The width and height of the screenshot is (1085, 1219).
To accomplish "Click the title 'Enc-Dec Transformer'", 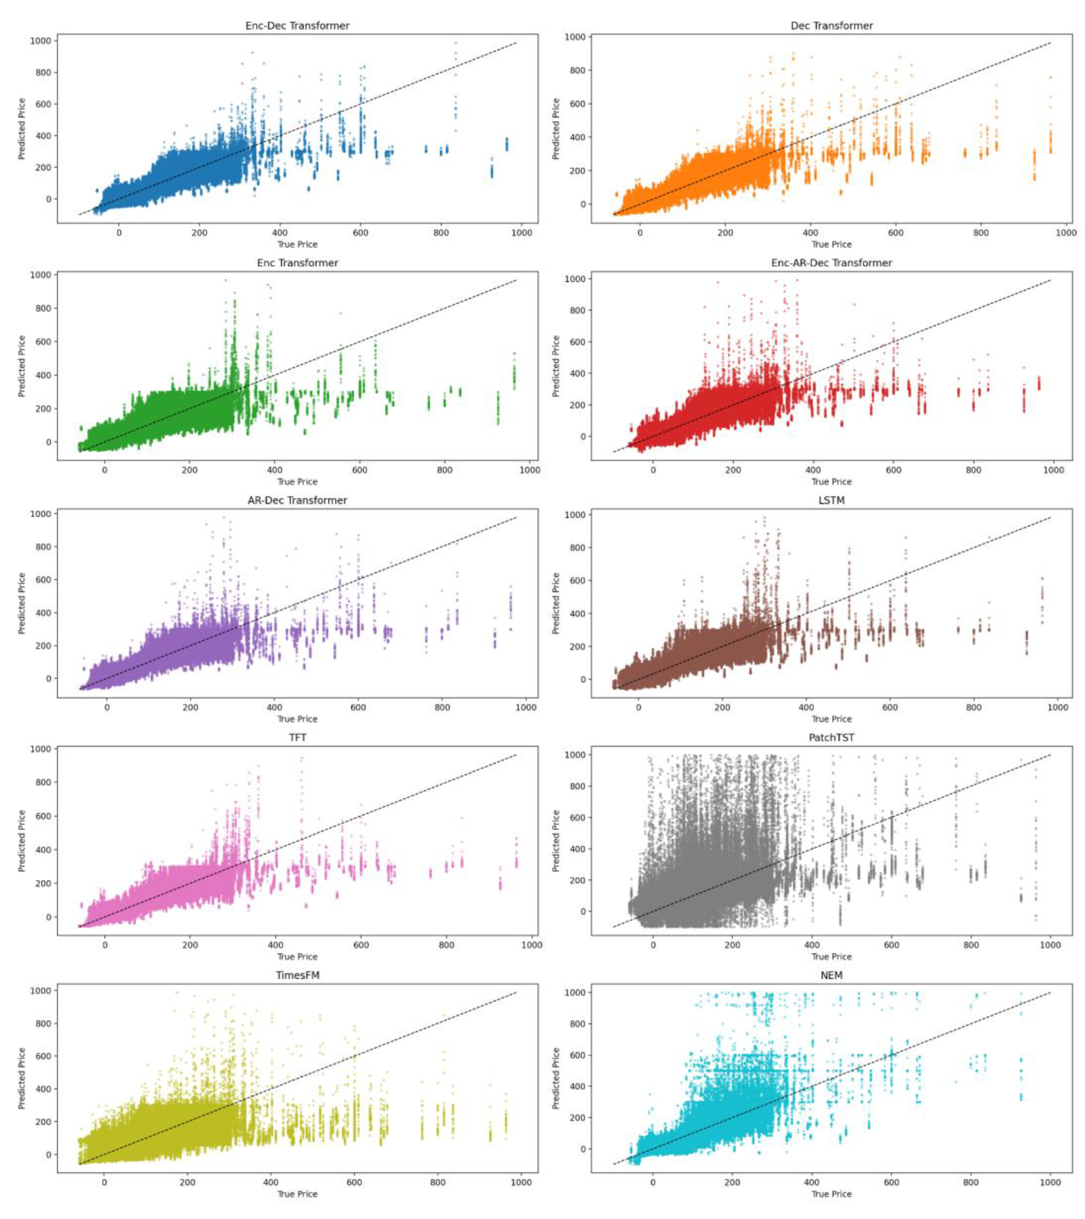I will pyautogui.click(x=297, y=26).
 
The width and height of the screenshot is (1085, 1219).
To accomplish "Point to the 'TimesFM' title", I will pyautogui.click(x=297, y=975).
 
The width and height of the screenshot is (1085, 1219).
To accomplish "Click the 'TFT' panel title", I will pyautogui.click(x=297, y=738).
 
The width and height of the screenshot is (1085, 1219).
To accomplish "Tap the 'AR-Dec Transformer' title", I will pyautogui.click(x=297, y=500).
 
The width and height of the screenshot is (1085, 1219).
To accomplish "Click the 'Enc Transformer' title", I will pyautogui.click(x=297, y=263).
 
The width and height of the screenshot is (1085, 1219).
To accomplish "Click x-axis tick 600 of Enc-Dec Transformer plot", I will pyautogui.click(x=360, y=233).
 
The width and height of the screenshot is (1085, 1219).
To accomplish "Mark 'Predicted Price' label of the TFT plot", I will pyautogui.click(x=22, y=841).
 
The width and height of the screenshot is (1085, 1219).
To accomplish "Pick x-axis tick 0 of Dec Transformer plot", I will pyautogui.click(x=640, y=233).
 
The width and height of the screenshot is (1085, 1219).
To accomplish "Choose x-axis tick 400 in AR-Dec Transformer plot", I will pyautogui.click(x=274, y=708).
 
